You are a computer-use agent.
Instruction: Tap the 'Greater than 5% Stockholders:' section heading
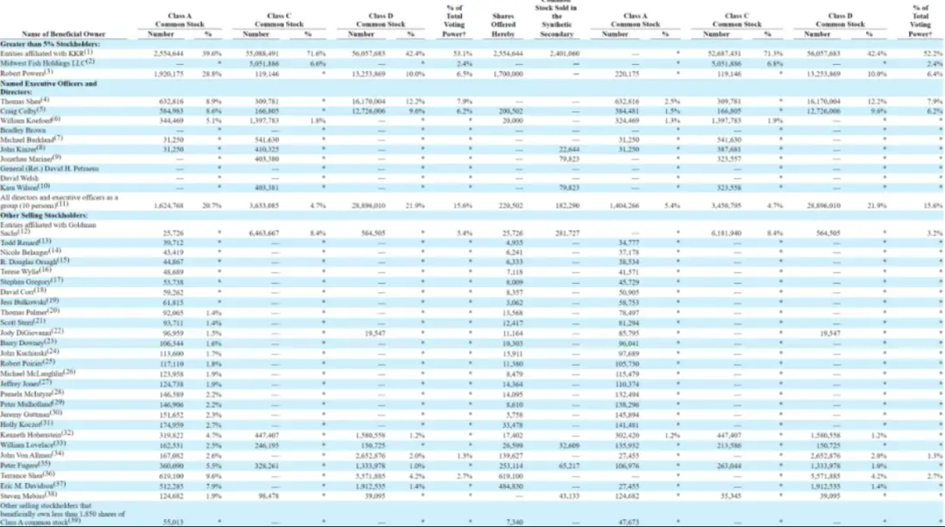tap(50, 43)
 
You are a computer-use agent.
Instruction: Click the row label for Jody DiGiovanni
tap(32, 333)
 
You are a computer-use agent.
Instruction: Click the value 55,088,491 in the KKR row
tap(262, 53)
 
